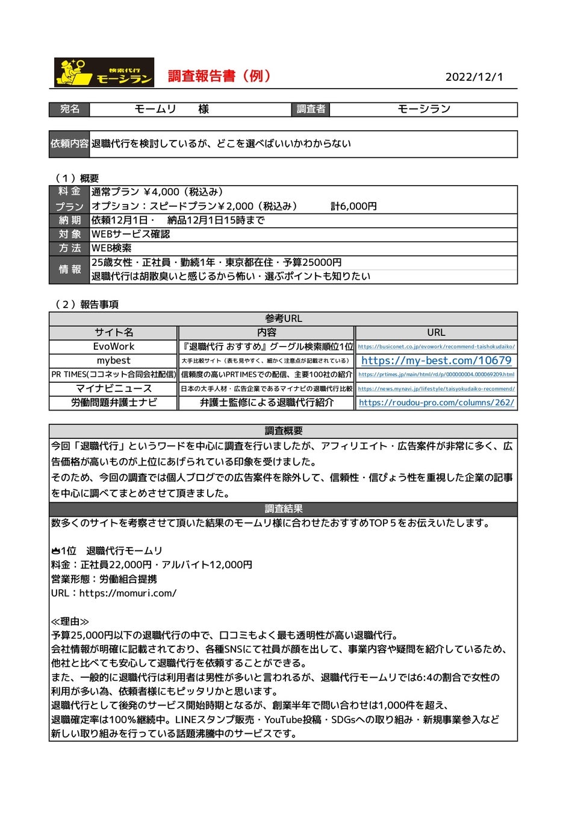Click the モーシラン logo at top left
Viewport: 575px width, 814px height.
click(x=104, y=72)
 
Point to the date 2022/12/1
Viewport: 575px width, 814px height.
click(x=474, y=77)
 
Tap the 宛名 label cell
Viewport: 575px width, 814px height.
click(x=69, y=109)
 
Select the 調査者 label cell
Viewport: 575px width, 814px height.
click(x=311, y=109)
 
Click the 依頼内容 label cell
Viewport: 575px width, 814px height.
click(x=69, y=144)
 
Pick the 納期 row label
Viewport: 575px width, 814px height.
click(x=69, y=220)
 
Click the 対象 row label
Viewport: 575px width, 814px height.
click(x=69, y=234)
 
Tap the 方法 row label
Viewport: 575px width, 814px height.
click(x=69, y=248)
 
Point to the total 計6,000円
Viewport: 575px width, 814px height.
click(x=353, y=206)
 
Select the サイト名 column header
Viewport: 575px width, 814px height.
click(x=114, y=332)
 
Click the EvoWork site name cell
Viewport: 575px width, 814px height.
click(x=114, y=347)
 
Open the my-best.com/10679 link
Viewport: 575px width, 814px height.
click(x=436, y=361)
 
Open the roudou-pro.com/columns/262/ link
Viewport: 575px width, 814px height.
click(x=436, y=403)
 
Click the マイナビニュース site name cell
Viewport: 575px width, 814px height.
click(x=114, y=389)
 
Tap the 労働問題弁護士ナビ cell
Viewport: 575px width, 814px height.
click(x=114, y=403)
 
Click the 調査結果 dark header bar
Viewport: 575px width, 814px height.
click(x=283, y=509)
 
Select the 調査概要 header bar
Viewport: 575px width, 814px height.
click(x=283, y=431)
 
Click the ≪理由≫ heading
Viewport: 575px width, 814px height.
click(x=70, y=622)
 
